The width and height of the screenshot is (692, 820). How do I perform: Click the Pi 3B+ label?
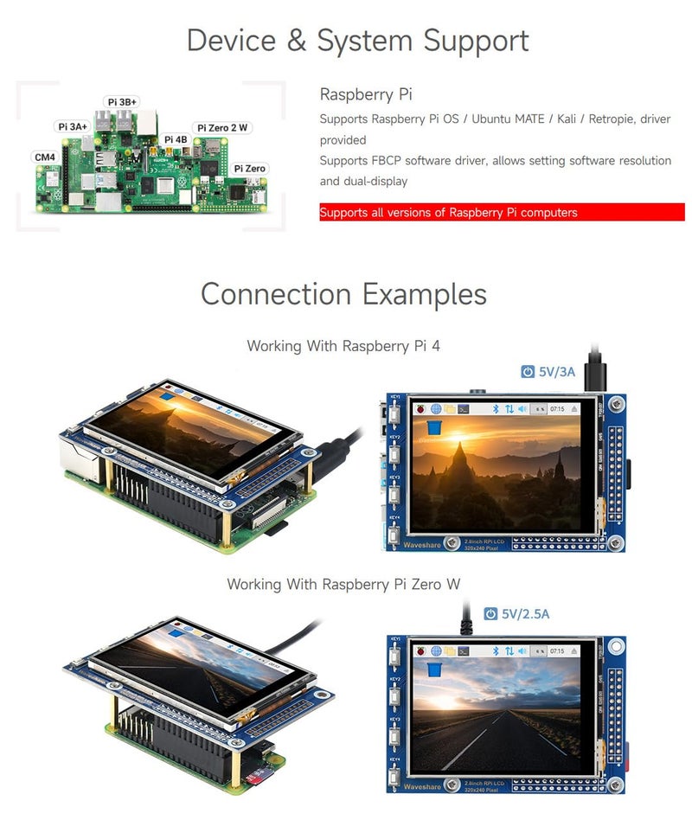(121, 102)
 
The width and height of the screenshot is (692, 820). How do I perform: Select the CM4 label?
(44, 157)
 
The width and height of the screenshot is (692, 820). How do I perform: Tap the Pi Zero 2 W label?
(222, 128)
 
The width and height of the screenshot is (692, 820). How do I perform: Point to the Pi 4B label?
(175, 138)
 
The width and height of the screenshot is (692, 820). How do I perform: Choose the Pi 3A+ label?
(73, 126)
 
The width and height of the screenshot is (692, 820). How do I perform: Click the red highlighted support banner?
(502, 212)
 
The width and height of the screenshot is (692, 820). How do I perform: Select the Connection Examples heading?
(343, 294)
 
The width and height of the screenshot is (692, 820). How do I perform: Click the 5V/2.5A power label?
(526, 614)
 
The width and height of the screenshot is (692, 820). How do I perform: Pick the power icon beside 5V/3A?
(528, 372)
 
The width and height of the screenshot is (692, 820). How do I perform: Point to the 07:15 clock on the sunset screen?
(557, 408)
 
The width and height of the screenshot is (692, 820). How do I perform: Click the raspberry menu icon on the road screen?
(421, 650)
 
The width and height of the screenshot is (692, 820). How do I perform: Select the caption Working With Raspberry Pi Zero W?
(343, 585)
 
